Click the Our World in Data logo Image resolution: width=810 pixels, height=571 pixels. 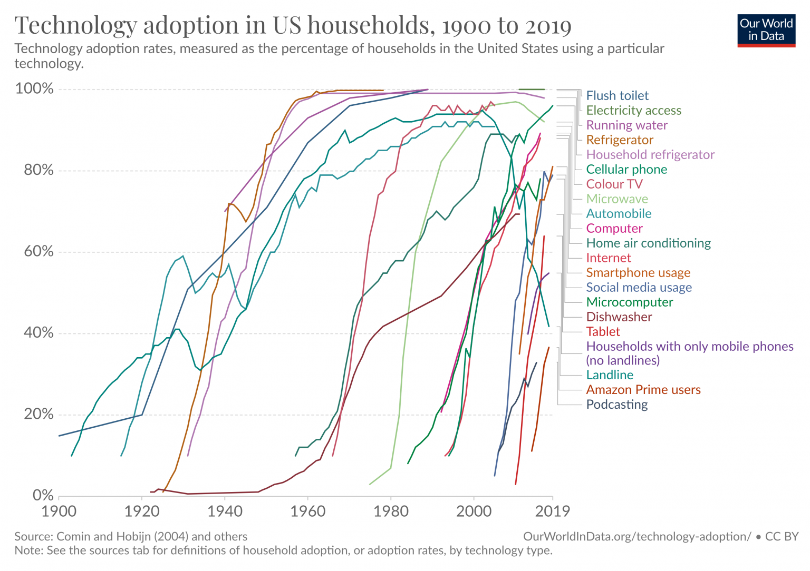[766, 31]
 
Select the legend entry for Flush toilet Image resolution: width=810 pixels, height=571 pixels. [617, 95]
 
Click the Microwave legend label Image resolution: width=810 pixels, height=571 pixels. [617, 199]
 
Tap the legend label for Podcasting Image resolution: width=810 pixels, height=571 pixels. [617, 405]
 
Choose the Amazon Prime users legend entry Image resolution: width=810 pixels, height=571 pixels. [643, 390]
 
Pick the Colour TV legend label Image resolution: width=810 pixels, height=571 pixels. [614, 184]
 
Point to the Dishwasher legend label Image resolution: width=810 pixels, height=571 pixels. [619, 317]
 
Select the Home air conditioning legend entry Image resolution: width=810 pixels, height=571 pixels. [648, 243]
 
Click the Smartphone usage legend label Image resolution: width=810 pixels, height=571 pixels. [638, 272]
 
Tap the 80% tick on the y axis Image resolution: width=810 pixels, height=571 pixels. [34, 170]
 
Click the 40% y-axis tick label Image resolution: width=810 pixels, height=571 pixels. [34, 333]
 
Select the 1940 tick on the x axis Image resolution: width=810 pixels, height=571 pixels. [225, 511]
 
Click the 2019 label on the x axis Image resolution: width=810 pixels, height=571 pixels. [552, 511]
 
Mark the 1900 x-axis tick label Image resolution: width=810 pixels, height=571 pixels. [59, 511]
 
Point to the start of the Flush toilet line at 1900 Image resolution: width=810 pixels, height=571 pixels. [60, 436]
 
